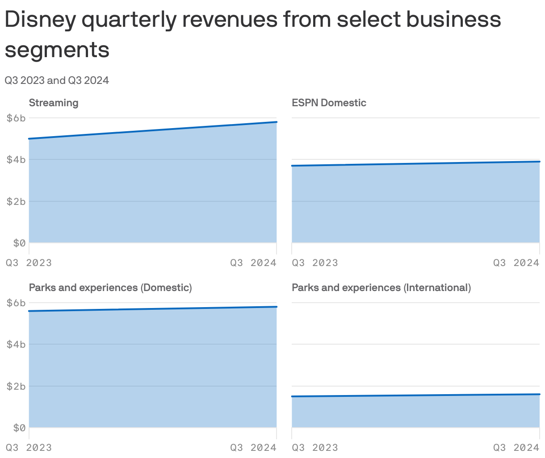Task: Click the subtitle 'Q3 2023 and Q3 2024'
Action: pyautogui.click(x=57, y=80)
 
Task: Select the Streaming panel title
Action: pyautogui.click(x=54, y=103)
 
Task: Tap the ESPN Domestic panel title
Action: pyautogui.click(x=329, y=103)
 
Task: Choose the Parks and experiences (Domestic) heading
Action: pyautogui.click(x=110, y=287)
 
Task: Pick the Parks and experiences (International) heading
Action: pyautogui.click(x=381, y=287)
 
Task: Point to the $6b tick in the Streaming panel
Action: pyautogui.click(x=16, y=118)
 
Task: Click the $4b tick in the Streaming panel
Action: pyautogui.click(x=16, y=159)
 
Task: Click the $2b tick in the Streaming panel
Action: pyautogui.click(x=16, y=201)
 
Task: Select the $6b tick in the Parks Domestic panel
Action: pyautogui.click(x=16, y=303)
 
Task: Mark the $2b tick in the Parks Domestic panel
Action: pyautogui.click(x=16, y=386)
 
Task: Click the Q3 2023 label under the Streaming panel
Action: pyautogui.click(x=29, y=262)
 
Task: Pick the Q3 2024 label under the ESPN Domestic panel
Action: pyautogui.click(x=516, y=262)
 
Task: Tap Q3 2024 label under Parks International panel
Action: pyautogui.click(x=516, y=447)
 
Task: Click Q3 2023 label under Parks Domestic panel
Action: pyautogui.click(x=29, y=447)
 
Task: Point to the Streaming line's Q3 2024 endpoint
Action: pyautogui.click(x=277, y=122)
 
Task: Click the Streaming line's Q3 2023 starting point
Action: pyautogui.click(x=29, y=139)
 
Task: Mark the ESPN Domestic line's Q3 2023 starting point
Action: pyautogui.click(x=293, y=166)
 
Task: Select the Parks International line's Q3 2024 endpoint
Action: pyautogui.click(x=539, y=394)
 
